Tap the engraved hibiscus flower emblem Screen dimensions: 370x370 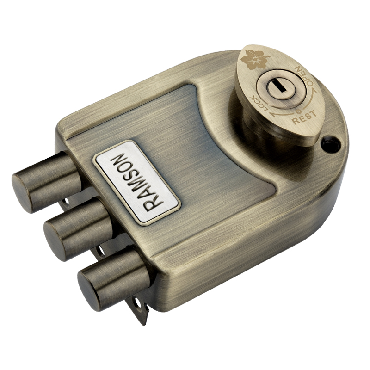(255, 60)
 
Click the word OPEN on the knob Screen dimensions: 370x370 (304, 77)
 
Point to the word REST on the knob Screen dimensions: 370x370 (304, 117)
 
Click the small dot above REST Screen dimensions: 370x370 (298, 111)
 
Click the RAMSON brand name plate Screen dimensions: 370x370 (137, 182)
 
